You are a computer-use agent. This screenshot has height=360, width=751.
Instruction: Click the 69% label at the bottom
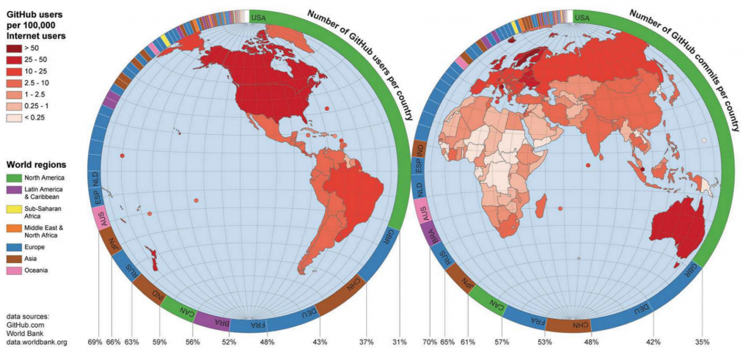(95, 342)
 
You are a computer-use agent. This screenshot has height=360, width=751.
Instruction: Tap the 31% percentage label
(400, 342)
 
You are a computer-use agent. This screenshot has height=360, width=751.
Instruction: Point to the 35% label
(702, 342)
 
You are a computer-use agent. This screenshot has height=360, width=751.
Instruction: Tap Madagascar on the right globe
(541, 205)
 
